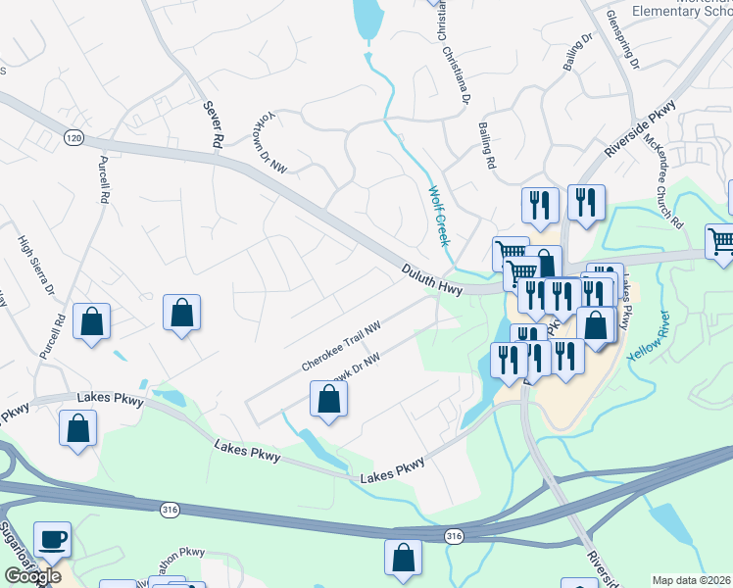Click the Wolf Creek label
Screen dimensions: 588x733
(438, 215)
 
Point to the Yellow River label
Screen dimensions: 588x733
(650, 337)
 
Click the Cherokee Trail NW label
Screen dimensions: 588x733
(340, 349)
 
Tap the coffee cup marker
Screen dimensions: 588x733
(52, 540)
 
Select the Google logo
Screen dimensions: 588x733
(32, 576)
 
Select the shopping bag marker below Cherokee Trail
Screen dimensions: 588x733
(328, 399)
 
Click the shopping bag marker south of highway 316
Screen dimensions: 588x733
(402, 558)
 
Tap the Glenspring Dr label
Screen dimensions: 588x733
(623, 39)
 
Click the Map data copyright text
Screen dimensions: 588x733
(691, 580)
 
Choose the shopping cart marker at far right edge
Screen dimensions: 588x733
(721, 241)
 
